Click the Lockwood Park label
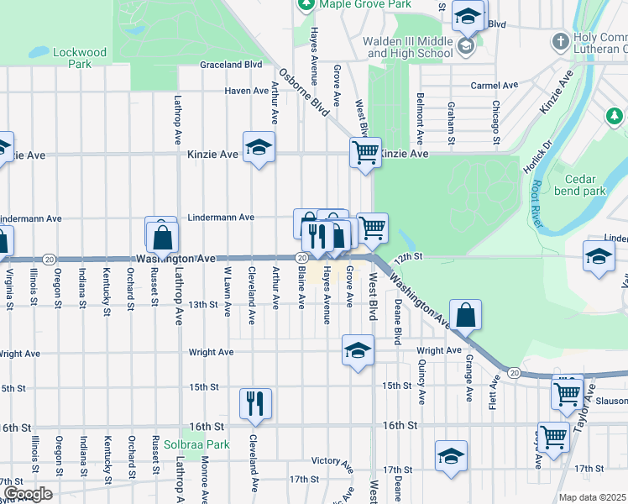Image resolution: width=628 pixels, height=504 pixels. click(80, 58)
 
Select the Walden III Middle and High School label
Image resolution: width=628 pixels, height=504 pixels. click(408, 48)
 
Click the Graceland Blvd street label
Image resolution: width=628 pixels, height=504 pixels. click(231, 65)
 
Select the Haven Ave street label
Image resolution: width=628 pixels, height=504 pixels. click(246, 91)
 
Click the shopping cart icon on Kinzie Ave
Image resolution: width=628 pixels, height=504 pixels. click(365, 153)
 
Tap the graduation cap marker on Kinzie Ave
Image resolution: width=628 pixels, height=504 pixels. click(259, 148)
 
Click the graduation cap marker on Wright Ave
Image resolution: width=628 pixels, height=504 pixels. click(358, 349)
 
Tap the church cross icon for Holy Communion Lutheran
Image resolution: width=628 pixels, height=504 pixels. click(561, 40)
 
